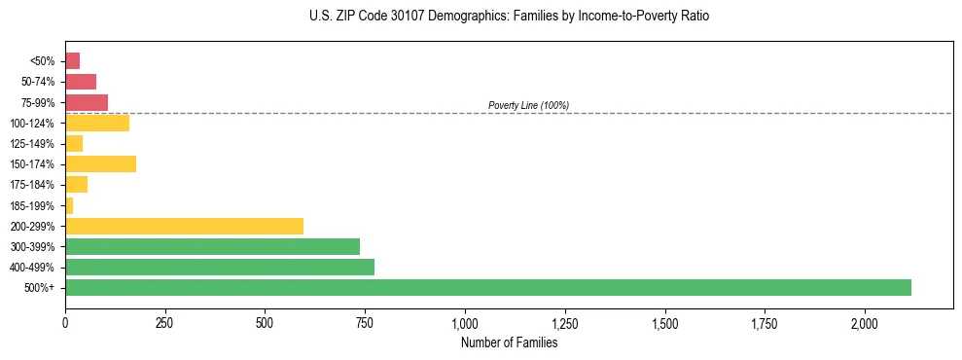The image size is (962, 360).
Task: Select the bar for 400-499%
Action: (x=220, y=267)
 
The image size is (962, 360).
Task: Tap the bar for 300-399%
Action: (x=212, y=246)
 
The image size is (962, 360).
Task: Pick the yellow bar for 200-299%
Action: (x=184, y=226)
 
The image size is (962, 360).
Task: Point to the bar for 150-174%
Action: (x=100, y=163)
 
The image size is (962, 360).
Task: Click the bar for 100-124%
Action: (x=97, y=123)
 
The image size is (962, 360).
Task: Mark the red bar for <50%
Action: (x=72, y=60)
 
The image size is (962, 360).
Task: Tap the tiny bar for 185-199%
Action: (x=69, y=205)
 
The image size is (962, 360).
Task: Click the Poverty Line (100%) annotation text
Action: (x=528, y=105)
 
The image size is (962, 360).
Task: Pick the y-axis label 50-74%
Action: (x=38, y=82)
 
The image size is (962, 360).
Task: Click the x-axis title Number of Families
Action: (x=509, y=342)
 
